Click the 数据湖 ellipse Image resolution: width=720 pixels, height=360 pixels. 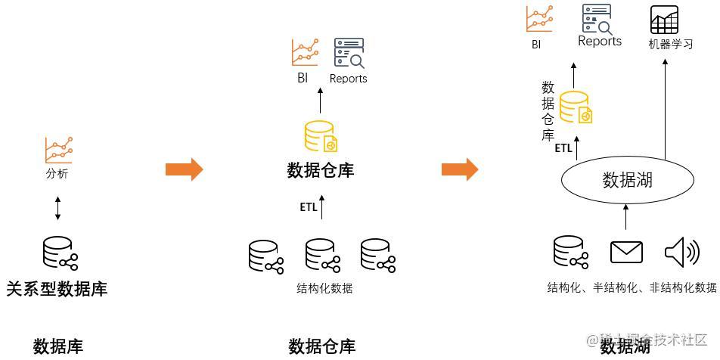[627, 179]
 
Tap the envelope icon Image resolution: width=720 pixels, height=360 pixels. [626, 252]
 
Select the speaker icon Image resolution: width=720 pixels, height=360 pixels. [681, 252]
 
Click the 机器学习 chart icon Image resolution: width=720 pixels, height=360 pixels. [664, 20]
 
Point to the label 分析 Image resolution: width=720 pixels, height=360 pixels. [57, 174]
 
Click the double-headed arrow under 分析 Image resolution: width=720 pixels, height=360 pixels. [57, 208]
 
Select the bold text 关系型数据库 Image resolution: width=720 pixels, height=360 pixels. [57, 289]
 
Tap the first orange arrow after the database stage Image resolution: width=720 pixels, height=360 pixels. [184, 169]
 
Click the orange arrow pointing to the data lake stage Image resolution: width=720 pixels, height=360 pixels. [460, 169]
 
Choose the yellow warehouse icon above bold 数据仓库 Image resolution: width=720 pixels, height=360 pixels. [320, 136]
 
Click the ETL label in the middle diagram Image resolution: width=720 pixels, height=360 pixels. [309, 207]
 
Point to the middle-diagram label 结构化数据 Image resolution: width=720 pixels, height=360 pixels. [324, 288]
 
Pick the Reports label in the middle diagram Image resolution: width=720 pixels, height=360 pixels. [348, 79]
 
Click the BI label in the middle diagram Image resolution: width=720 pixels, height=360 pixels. [303, 78]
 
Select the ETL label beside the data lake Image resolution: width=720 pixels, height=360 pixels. [563, 148]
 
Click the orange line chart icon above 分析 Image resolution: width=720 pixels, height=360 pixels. [58, 150]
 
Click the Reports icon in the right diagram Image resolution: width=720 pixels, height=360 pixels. [597, 19]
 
